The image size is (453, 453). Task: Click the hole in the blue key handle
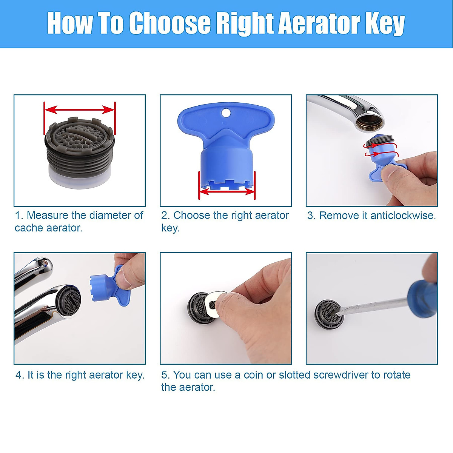point(225,113)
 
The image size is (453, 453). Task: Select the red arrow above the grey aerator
point(80,110)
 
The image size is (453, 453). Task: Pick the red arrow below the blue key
point(227,191)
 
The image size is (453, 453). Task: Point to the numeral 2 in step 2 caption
point(165,216)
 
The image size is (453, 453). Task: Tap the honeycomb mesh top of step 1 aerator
point(80,136)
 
